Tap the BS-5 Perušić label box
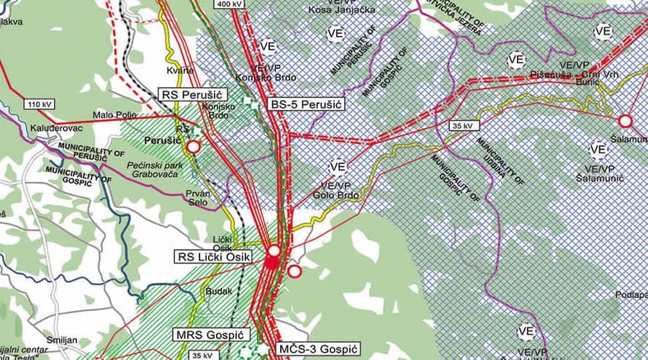click(x=305, y=104)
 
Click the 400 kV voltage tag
click(x=229, y=4)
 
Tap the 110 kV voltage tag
click(x=42, y=104)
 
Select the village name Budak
click(x=219, y=292)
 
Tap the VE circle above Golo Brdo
click(x=338, y=167)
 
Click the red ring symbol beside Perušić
click(x=193, y=147)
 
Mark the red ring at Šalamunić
click(x=624, y=121)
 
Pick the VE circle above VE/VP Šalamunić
click(x=598, y=150)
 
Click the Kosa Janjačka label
click(x=334, y=9)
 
